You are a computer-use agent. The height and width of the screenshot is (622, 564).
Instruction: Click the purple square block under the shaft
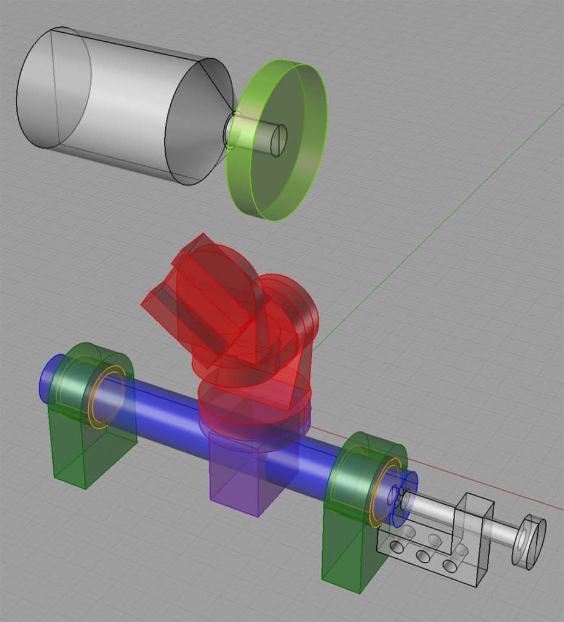[x=237, y=480]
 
